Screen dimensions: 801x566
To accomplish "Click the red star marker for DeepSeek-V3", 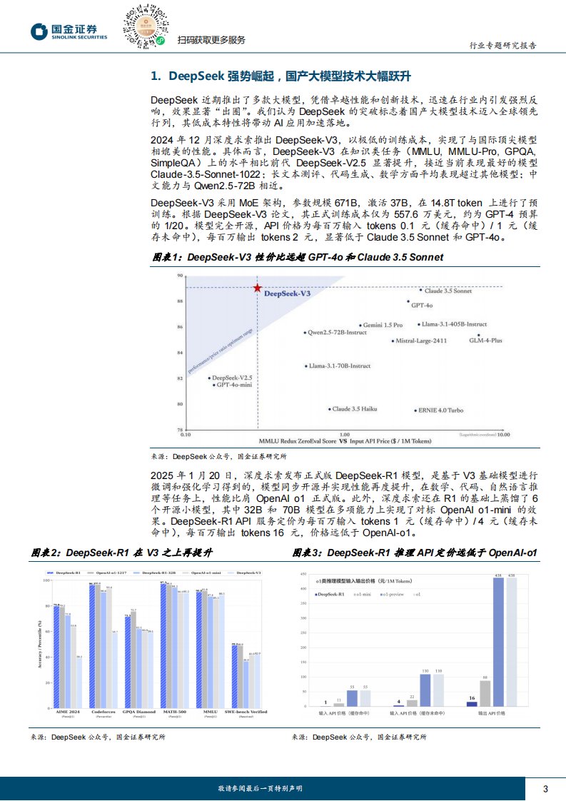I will (257, 287).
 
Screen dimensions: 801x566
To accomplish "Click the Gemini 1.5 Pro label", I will (383, 325).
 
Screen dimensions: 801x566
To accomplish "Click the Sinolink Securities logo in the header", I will (68, 32).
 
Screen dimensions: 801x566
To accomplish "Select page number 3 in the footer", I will (545, 788).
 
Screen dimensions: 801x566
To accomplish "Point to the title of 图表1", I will (298, 257).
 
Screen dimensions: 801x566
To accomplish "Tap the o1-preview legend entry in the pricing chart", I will (390, 594).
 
